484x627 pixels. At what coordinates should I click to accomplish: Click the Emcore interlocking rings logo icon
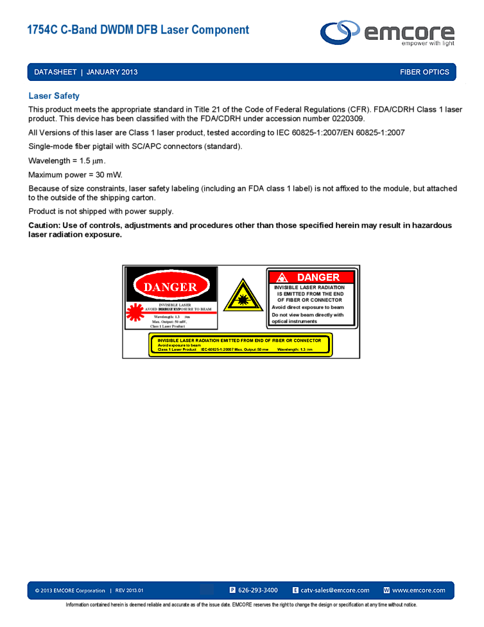tap(341, 32)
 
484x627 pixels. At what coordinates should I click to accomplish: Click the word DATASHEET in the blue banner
tap(55, 72)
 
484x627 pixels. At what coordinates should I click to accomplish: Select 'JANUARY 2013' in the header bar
tap(112, 72)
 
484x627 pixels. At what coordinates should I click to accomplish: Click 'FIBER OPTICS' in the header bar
tap(424, 72)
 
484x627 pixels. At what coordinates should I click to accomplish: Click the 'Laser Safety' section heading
tap(54, 96)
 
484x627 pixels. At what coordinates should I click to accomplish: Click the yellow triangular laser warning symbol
tap(243, 297)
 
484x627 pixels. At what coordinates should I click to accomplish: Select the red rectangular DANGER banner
tap(311, 278)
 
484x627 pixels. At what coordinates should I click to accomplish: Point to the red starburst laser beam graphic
tap(134, 312)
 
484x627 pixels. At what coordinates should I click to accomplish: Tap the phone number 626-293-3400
tap(257, 590)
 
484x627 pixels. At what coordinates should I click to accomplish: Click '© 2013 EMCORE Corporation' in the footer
tap(70, 590)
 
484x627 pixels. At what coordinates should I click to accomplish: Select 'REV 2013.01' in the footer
tap(129, 590)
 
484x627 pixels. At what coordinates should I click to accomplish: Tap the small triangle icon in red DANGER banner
tap(282, 278)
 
